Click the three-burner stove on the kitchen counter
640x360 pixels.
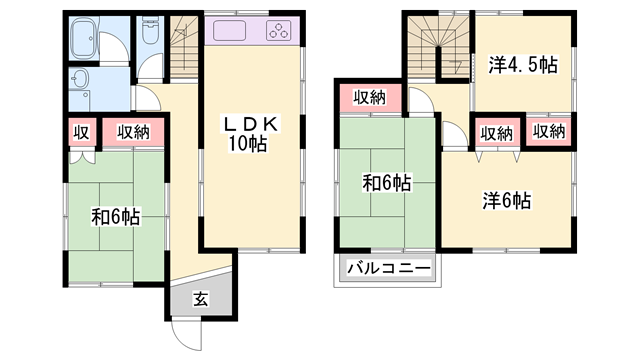pos(277,31)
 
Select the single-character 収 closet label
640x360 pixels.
pos(80,132)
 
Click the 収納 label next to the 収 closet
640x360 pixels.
pos(128,132)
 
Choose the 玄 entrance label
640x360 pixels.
pos(200,298)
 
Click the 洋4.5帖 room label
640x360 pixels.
pos(521,65)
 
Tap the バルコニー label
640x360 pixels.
pos(389,268)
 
